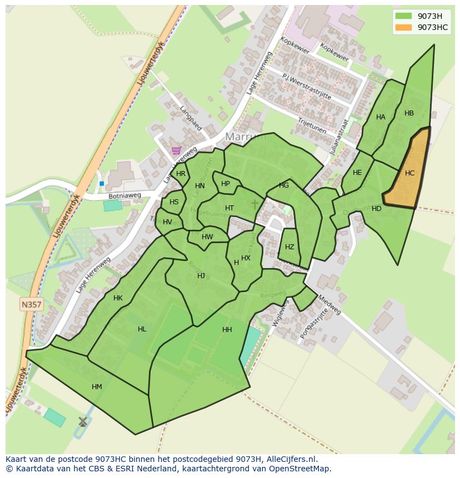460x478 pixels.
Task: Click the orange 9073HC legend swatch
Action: (404, 28)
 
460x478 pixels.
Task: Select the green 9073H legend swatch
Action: (404, 16)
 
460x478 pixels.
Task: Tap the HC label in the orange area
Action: (409, 173)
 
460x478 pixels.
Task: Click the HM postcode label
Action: (97, 387)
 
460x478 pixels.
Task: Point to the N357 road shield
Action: (32, 304)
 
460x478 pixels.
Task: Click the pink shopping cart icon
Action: (176, 150)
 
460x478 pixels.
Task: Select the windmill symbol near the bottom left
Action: (83, 422)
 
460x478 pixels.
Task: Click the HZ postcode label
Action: (289, 247)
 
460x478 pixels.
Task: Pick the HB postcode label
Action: (409, 113)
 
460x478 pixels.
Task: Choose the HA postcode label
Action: (381, 117)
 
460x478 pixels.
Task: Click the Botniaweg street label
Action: (124, 196)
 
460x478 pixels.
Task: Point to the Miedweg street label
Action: (329, 304)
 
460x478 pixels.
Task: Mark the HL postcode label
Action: (142, 329)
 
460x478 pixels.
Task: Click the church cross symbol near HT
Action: (254, 204)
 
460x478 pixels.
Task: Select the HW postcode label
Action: (207, 237)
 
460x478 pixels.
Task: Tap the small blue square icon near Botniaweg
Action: (102, 183)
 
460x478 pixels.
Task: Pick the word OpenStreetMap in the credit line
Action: (301, 469)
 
